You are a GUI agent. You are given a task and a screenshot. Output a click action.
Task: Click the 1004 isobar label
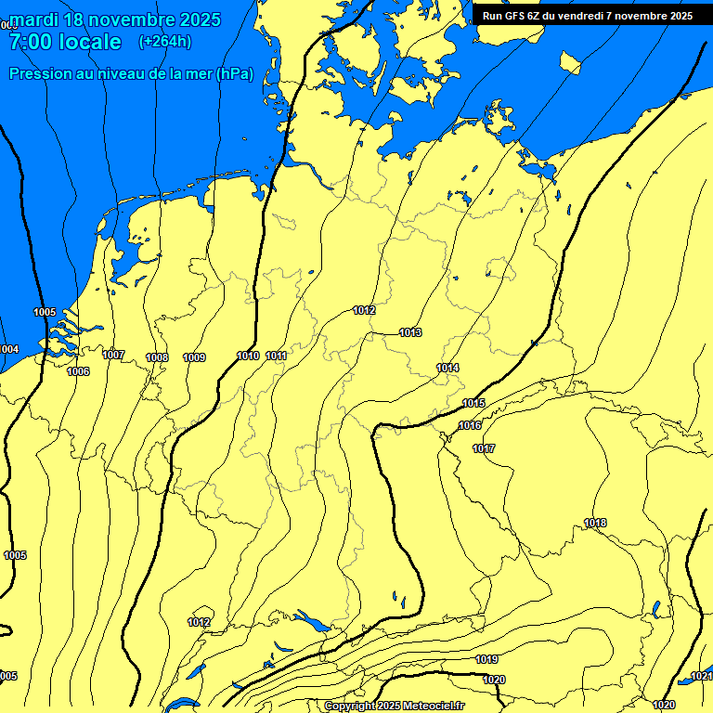[8, 349]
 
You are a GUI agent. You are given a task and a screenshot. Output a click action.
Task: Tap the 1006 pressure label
[78, 371]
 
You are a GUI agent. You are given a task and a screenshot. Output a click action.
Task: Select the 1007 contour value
[113, 355]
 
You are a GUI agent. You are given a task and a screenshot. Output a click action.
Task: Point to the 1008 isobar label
[157, 357]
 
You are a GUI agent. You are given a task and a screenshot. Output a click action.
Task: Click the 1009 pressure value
[194, 357]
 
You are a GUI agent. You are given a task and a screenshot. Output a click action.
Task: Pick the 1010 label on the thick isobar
[248, 356]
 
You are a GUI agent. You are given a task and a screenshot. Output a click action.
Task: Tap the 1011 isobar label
[277, 356]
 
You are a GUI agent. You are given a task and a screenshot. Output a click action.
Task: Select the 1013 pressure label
[410, 332]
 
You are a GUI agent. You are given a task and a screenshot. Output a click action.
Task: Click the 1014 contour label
[447, 368]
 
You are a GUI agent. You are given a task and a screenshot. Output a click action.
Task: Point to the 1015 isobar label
[473, 403]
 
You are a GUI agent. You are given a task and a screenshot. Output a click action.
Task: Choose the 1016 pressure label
[470, 425]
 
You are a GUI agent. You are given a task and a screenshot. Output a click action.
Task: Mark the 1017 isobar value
[484, 448]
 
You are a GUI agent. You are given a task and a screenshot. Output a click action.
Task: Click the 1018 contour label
[595, 524]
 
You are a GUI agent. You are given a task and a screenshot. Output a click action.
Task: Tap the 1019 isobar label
[487, 659]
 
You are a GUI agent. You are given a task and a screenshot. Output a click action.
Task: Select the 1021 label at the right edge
[702, 677]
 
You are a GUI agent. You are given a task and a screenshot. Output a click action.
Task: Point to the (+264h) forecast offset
[164, 41]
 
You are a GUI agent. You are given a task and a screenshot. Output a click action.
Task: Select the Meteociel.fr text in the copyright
[434, 707]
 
